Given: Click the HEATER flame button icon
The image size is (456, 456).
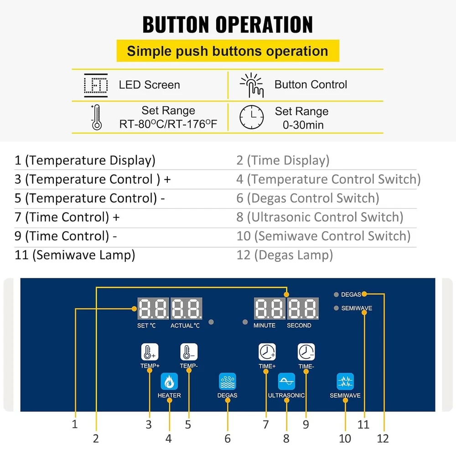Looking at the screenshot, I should pos(169,381).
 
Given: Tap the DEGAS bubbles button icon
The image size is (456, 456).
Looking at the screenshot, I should pos(227,381).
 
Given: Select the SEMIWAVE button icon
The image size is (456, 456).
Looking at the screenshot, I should pos(345,381).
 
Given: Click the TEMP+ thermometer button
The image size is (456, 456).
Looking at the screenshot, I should pos(149,352).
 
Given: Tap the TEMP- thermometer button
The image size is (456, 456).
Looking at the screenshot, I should pos(189,352).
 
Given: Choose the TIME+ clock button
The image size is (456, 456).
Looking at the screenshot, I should pos(267,352).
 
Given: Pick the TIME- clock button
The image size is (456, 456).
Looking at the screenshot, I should pos(306,352).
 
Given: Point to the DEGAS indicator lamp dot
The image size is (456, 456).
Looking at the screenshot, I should pos(336,295).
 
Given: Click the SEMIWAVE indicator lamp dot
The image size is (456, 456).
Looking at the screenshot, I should pos(336,308).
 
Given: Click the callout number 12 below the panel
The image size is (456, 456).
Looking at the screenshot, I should pos(383,438).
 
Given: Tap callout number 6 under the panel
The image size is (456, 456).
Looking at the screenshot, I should pos(228,439).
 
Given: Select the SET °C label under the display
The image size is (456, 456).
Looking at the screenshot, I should pos(146,326).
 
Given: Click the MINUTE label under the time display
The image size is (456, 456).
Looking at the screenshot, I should pos(264,326).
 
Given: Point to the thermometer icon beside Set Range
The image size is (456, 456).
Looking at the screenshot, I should pos(96,117).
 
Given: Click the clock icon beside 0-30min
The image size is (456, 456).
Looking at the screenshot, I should pos(251,117).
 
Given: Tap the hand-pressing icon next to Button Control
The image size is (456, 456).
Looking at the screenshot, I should pos(252,85).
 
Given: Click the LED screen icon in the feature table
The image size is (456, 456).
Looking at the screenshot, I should pos(96,85).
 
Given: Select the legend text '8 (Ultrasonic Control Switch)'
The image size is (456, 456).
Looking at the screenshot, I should pos(320,218).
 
